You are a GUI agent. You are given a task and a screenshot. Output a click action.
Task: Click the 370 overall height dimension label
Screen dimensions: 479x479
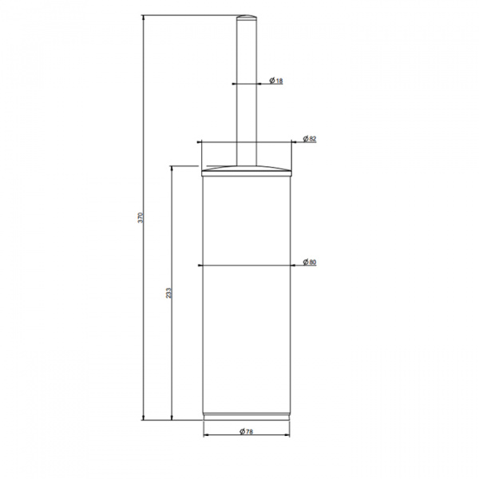[141, 217]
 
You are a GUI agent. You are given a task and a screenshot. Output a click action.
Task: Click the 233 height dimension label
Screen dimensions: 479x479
[169, 293]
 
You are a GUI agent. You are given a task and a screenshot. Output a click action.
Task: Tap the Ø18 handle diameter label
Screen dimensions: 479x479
[276, 81]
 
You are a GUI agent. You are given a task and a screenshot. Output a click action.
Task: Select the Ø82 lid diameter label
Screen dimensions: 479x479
[310, 139]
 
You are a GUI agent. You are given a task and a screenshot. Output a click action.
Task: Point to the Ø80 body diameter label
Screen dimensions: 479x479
[310, 262]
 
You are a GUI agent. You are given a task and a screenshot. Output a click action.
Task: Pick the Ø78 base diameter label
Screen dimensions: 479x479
[246, 431]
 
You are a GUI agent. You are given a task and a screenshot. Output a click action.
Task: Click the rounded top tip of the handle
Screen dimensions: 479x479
[247, 17]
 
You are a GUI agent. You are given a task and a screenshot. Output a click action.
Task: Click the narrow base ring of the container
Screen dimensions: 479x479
[247, 417]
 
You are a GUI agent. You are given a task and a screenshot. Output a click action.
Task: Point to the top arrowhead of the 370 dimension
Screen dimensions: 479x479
[143, 18]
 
